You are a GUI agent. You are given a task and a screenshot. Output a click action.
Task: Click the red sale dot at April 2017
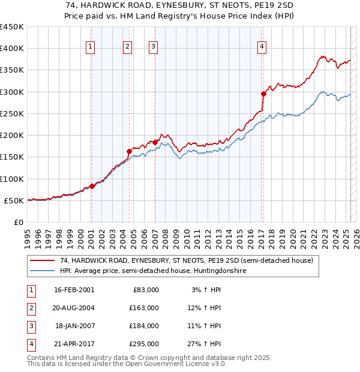(263, 94)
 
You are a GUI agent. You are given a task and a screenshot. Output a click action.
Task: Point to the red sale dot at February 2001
(92, 186)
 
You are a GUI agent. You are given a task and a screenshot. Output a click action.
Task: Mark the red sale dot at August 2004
(130, 151)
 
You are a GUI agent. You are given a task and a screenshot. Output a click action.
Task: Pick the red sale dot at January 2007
(155, 142)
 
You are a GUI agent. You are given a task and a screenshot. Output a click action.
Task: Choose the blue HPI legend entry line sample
(42, 271)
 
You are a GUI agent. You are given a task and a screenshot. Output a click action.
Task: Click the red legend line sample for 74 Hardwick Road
(42, 260)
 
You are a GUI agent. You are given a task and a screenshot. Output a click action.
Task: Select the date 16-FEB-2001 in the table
(74, 290)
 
